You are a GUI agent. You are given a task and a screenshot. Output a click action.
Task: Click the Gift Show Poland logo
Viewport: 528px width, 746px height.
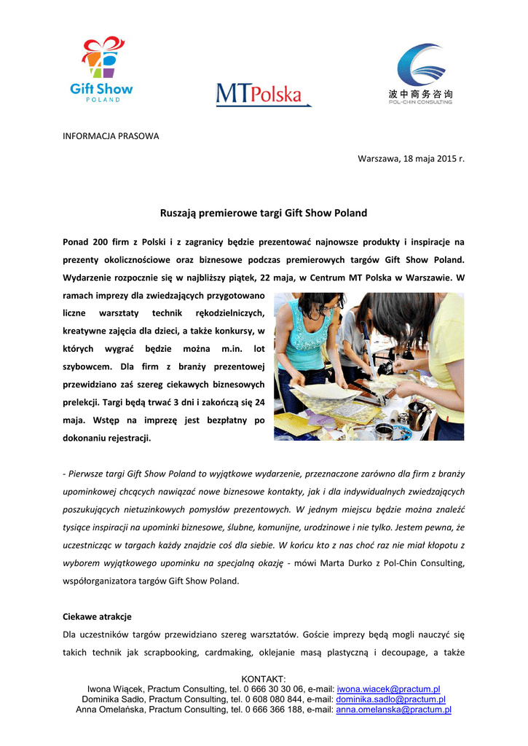101,70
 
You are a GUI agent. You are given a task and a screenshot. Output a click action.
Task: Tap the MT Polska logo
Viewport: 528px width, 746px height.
263,95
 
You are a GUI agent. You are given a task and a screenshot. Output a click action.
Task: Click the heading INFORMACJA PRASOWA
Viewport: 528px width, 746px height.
111,136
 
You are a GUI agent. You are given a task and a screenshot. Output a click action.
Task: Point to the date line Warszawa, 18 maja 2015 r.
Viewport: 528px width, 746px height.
411,159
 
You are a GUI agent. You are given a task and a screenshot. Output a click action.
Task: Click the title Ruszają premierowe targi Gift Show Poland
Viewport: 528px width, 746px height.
264,213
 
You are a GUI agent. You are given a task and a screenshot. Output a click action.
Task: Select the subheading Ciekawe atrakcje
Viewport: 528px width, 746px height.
97,616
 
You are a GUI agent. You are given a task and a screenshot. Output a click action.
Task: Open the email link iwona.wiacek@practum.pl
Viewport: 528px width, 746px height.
388,689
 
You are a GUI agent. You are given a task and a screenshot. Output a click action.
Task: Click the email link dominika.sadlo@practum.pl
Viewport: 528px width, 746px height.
390,699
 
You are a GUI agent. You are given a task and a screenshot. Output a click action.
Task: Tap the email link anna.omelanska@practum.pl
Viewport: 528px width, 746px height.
393,710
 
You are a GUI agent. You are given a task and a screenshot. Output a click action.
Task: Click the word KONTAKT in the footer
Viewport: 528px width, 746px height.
264,679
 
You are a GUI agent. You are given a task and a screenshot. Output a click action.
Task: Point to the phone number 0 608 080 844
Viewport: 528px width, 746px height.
275,699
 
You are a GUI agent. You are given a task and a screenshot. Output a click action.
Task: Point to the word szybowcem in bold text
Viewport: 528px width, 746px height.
87,368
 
